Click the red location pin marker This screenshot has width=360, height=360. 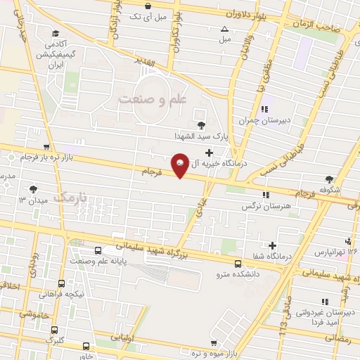pos(179,165)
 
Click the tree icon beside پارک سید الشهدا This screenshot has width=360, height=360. pos(202,124)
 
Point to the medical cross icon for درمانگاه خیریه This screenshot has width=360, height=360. pos(209,153)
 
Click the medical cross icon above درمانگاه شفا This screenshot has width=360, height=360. pos(272,245)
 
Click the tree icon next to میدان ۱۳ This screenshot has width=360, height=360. pos(33,189)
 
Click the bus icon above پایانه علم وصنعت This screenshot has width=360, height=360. pos(98,250)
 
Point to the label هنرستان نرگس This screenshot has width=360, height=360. pos(261,205)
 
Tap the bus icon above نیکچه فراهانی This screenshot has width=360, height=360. pos(61,283)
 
